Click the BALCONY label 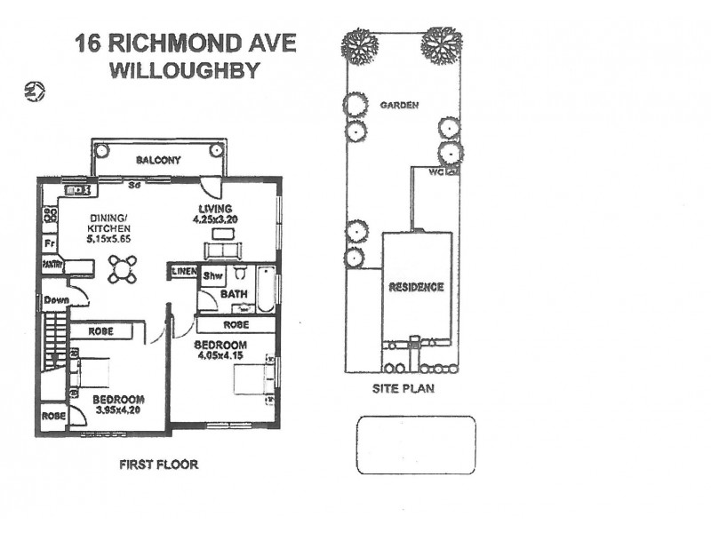pyautogui.click(x=159, y=161)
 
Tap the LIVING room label pyautogui.click(x=215, y=210)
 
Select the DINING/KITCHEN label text pyautogui.click(x=108, y=228)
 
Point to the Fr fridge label pyautogui.click(x=51, y=242)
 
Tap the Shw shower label pyautogui.click(x=212, y=276)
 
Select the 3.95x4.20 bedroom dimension pyautogui.click(x=118, y=411)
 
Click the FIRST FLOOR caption pyautogui.click(x=158, y=465)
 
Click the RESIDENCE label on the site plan pyautogui.click(x=416, y=287)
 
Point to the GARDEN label pyautogui.click(x=399, y=105)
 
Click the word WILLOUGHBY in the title pyautogui.click(x=183, y=71)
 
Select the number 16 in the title pyautogui.click(x=87, y=44)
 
